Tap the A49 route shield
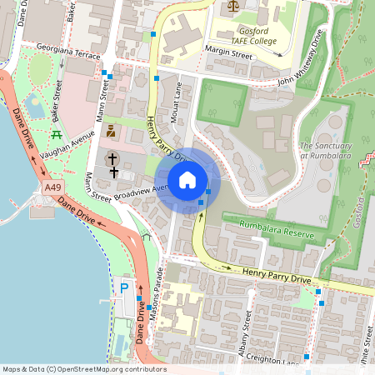[x=52, y=189]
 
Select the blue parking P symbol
[x=124, y=287]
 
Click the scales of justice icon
[x=231, y=5]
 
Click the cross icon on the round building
[x=112, y=157]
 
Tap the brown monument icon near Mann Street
[x=111, y=131]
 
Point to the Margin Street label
[x=228, y=52]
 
